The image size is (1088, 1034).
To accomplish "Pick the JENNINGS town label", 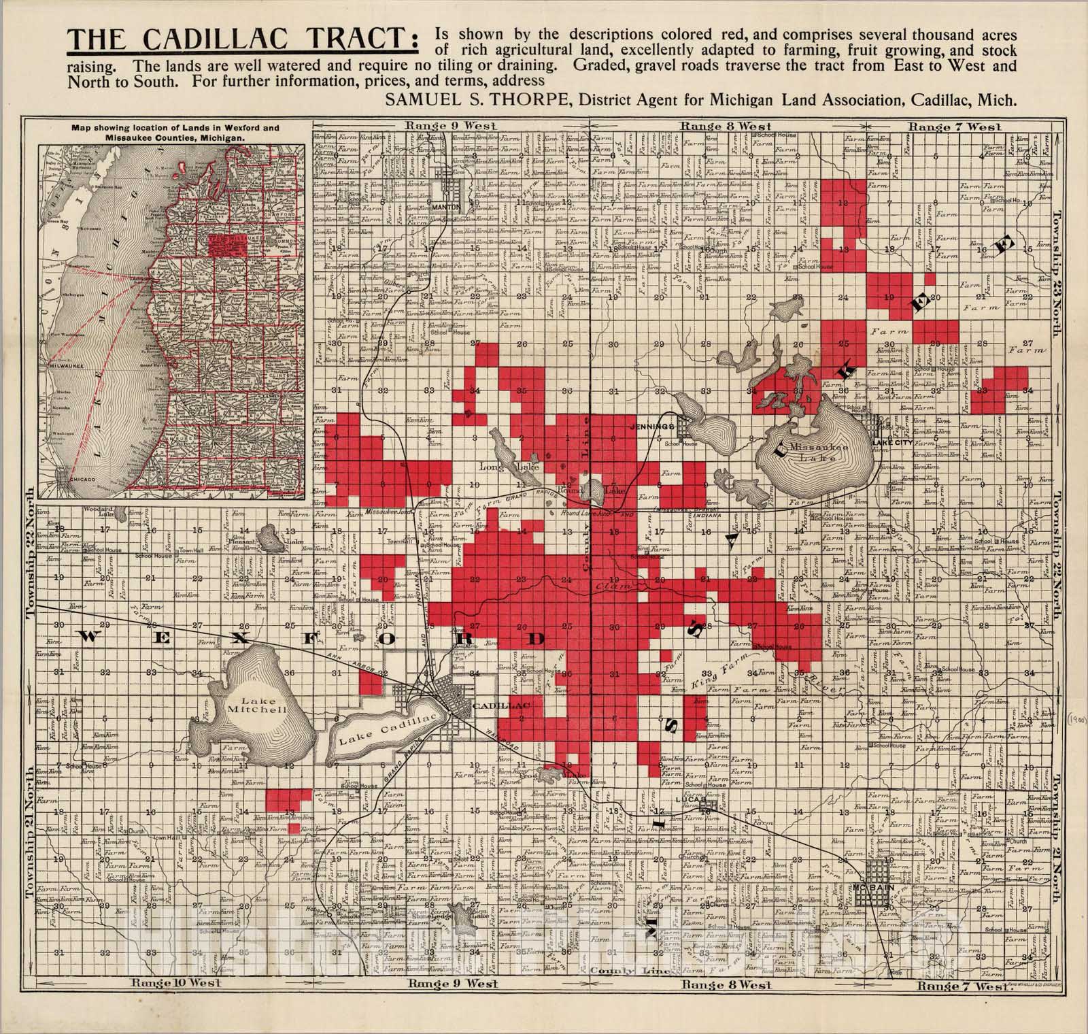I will tap(652, 426).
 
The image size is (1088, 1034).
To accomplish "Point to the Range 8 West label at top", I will tap(726, 126).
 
